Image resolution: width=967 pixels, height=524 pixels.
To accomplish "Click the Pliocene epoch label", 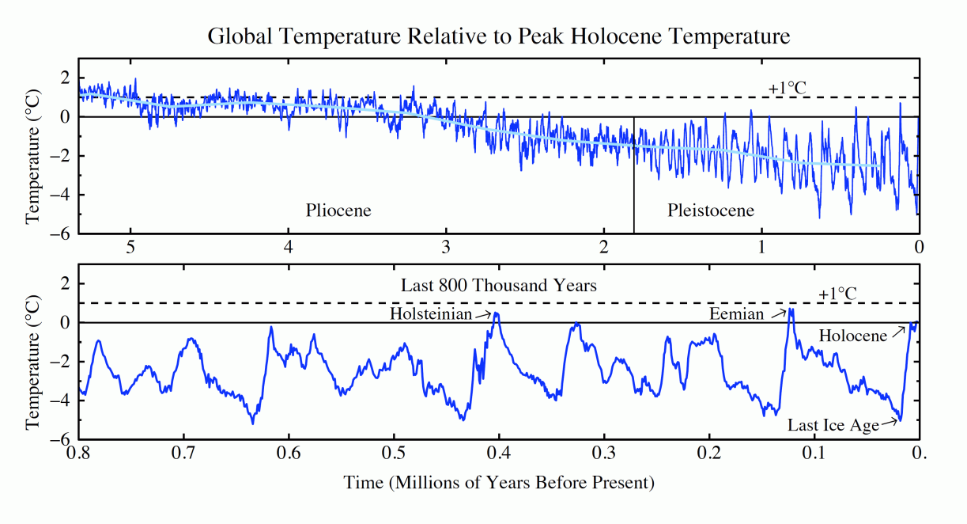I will (x=338, y=211).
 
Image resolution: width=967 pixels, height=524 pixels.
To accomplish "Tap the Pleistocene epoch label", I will (x=710, y=211).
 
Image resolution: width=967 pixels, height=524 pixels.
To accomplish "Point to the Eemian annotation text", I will (x=737, y=314).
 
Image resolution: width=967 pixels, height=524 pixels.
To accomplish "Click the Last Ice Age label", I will (x=833, y=425).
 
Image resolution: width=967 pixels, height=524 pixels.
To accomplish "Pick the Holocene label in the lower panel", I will (x=852, y=336).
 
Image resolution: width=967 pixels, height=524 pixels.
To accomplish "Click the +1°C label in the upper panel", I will (x=788, y=88).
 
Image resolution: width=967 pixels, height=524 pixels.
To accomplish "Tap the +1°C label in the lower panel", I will (x=837, y=294).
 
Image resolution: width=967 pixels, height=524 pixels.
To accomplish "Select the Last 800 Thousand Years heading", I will (x=498, y=285).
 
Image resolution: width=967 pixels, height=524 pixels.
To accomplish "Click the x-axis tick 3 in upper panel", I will (x=446, y=245).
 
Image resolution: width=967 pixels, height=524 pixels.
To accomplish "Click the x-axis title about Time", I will (x=499, y=482).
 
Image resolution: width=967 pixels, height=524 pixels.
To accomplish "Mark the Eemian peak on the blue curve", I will (x=791, y=309).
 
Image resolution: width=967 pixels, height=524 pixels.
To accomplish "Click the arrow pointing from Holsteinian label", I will (x=483, y=315).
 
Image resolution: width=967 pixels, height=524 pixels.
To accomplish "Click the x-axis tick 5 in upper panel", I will (x=131, y=245).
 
